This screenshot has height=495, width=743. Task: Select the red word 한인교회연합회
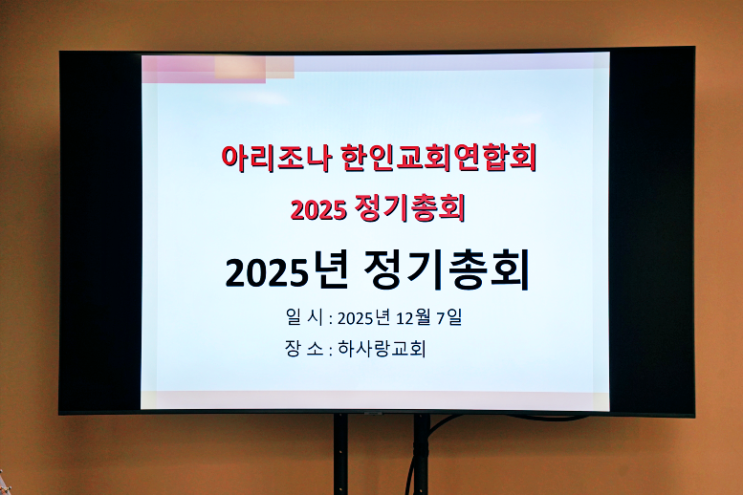coord(438,158)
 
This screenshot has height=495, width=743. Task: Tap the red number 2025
coord(317,210)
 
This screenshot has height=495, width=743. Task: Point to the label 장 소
coord(303,349)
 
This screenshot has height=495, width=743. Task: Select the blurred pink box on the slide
coord(218,68)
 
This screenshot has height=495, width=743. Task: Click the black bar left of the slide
coord(100,229)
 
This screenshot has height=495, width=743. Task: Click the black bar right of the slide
coord(651,229)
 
